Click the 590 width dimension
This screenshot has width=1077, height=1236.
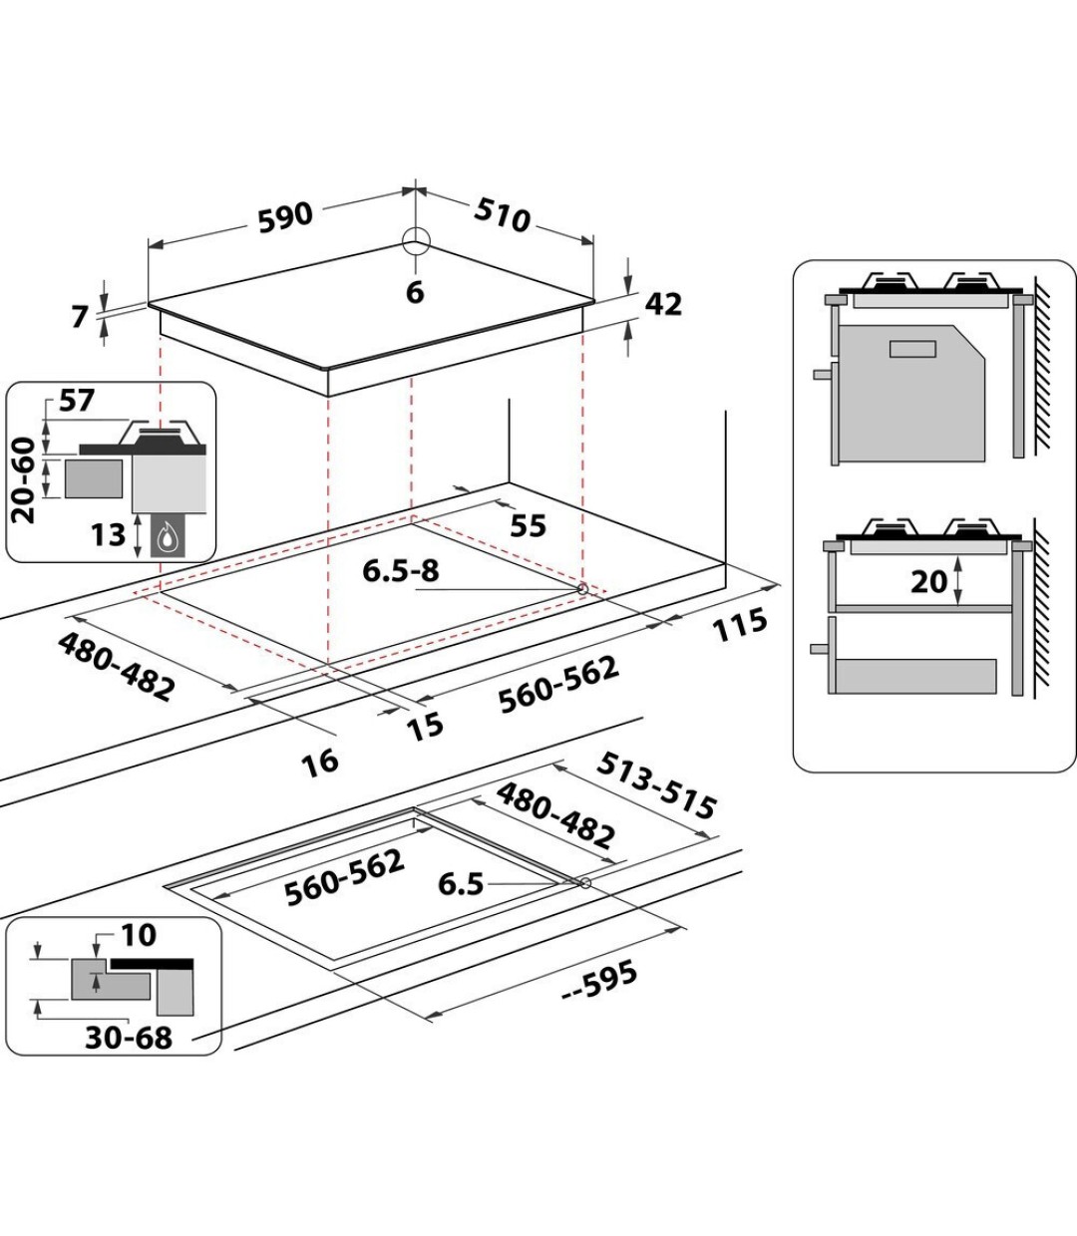point(285,217)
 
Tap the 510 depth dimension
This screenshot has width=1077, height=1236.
point(502,214)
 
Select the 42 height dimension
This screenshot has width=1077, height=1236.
point(663,304)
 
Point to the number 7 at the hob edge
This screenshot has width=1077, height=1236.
point(81,318)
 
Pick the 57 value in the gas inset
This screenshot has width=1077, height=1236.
point(76,402)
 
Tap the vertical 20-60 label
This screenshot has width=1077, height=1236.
point(24,476)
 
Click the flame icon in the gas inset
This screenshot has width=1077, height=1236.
point(166,537)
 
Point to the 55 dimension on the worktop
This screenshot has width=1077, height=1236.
point(528,525)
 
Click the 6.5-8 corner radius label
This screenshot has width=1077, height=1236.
point(400,571)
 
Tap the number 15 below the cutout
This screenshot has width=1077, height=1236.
point(426,725)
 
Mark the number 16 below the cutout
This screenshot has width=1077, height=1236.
point(320,762)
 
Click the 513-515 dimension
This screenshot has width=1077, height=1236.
point(655,783)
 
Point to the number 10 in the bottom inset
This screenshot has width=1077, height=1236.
point(139,935)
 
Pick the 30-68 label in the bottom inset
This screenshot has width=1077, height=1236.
point(128,1037)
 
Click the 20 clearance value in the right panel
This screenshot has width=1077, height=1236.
point(928,580)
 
